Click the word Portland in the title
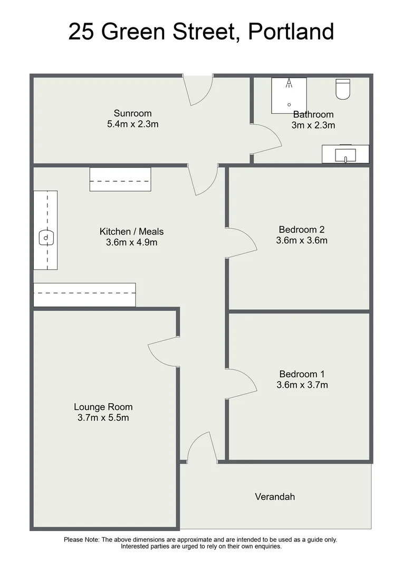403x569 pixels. click(291, 32)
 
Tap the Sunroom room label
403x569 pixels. click(132, 113)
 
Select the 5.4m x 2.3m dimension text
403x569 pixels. click(132, 125)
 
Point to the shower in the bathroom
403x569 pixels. click(289, 95)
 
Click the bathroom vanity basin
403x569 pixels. click(346, 155)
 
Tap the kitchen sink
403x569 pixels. click(46, 238)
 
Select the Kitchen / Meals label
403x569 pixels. click(131, 231)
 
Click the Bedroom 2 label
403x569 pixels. click(301, 229)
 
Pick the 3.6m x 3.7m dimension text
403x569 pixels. click(302, 385)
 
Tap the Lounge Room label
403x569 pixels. click(103, 407)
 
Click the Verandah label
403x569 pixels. click(275, 496)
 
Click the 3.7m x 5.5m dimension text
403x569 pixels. click(103, 418)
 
